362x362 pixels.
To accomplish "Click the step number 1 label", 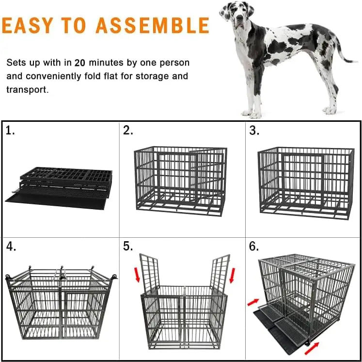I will pyautogui.click(x=11, y=130).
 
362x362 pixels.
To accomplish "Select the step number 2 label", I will pyautogui.click(x=128, y=130).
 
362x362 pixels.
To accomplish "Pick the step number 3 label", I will pyautogui.click(x=254, y=130).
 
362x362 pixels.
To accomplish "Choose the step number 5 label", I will pyautogui.click(x=128, y=247).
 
